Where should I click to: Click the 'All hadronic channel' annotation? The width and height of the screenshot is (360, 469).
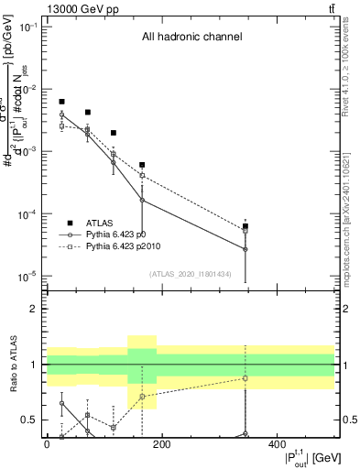(x=191, y=38)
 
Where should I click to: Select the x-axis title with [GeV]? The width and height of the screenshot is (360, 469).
(x=295, y=458)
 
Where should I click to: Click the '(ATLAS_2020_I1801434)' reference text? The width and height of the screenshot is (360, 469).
(x=189, y=274)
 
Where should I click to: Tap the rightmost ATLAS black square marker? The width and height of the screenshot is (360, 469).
(x=245, y=225)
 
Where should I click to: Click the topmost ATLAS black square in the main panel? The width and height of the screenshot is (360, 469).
(x=61, y=102)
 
